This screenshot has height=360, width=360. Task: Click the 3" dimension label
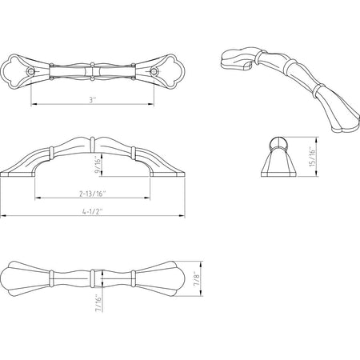point(92,100)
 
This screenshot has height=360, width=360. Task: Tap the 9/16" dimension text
point(98,166)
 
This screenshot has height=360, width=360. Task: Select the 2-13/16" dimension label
point(93,194)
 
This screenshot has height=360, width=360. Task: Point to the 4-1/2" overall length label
point(93,212)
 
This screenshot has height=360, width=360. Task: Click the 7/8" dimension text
point(197,279)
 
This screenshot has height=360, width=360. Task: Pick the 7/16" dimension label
point(98,303)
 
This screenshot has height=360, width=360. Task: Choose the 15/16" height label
point(312,157)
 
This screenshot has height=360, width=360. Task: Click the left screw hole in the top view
point(31,71)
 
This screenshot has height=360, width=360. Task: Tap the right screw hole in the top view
point(154,71)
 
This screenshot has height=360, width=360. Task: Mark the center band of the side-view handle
point(93,146)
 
